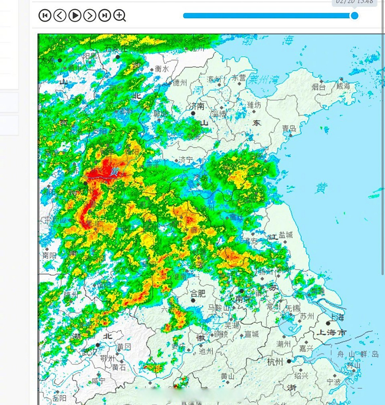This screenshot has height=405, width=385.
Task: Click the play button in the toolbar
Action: [75, 15]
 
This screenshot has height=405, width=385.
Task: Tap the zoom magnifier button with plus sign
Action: [119, 15]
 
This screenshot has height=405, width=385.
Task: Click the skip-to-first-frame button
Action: [45, 15]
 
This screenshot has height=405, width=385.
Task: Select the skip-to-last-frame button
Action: [105, 15]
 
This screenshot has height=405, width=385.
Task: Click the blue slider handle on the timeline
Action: [355, 16]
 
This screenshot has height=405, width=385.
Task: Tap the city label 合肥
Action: [198, 293]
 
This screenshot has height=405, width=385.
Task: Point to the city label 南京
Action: [243, 299]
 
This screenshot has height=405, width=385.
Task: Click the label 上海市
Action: [332, 333]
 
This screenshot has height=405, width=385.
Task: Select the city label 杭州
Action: [275, 362]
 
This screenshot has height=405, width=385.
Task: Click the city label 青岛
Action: [289, 128]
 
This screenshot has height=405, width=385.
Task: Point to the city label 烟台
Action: [318, 86]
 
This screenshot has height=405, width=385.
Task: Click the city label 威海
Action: [343, 86]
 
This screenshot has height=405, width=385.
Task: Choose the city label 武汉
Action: [89, 352]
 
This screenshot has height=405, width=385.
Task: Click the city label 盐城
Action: [286, 234]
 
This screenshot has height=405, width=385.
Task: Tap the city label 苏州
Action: [307, 316]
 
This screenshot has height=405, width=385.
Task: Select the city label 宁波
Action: [334, 382]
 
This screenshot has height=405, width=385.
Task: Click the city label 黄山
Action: [228, 376]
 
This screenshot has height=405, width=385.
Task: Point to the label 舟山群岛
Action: [358, 354]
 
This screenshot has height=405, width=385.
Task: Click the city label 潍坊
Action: [254, 104]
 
